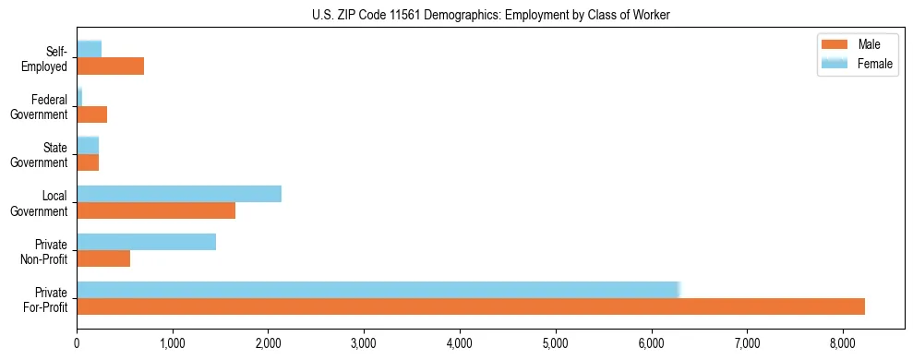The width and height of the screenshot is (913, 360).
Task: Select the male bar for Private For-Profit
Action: tap(470, 306)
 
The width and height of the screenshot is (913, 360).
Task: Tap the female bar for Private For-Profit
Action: tap(378, 289)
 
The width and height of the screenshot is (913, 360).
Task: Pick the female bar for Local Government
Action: tap(178, 194)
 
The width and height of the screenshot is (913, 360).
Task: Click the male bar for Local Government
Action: tap(156, 211)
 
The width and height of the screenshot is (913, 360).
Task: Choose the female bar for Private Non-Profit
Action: tap(146, 242)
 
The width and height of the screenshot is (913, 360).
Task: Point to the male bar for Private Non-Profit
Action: tap(103, 258)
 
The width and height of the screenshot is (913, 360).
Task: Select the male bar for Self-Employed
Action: tap(110, 66)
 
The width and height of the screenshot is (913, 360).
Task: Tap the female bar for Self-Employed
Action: tap(89, 49)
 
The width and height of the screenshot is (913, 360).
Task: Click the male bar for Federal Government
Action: tap(91, 114)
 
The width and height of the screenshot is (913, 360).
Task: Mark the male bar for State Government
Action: tap(88, 162)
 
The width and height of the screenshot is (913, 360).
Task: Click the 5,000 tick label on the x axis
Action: tap(556, 343)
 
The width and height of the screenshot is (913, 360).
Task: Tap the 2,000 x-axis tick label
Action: tap(268, 343)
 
